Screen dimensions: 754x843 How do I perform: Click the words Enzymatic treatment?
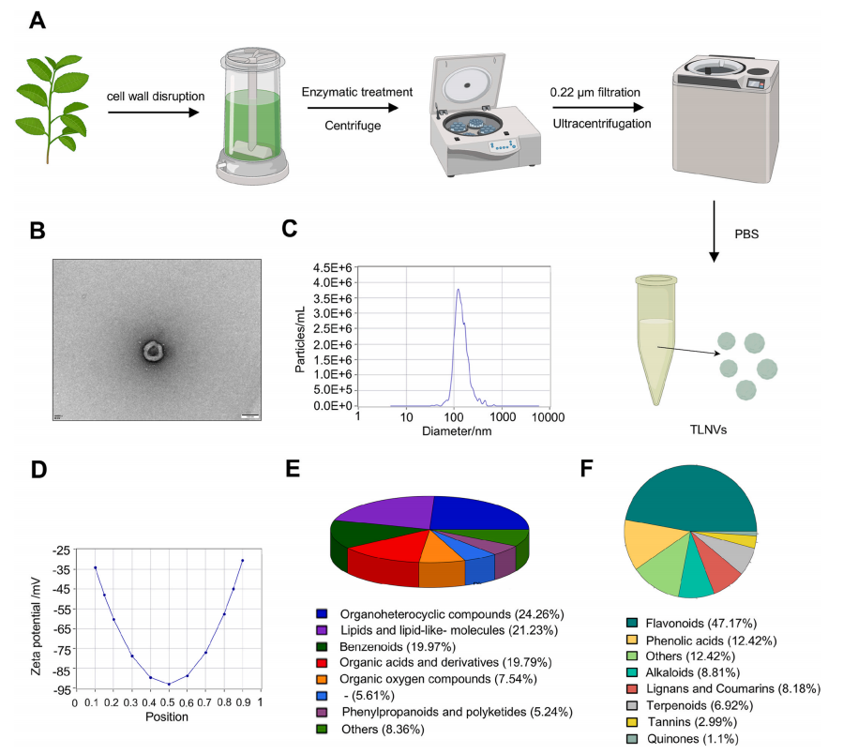point(356,93)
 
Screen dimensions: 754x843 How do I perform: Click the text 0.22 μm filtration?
point(595,93)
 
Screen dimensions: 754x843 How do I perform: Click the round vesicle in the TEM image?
point(151,352)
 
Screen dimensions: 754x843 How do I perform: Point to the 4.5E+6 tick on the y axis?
point(329,266)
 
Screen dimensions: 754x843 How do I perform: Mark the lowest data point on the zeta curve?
point(169,684)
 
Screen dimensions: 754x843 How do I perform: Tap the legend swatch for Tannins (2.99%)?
point(633,721)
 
